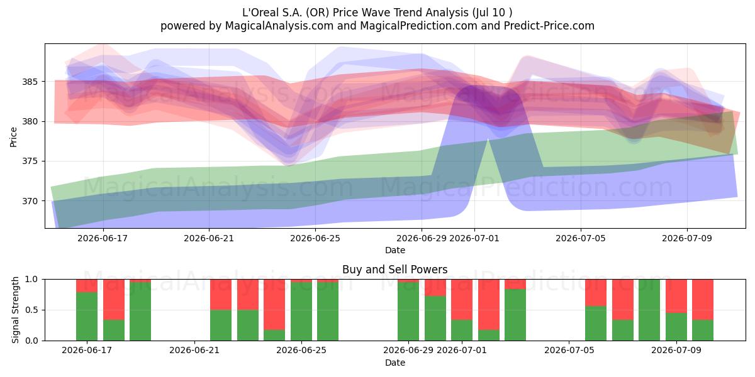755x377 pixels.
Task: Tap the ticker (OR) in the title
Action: pos(318,13)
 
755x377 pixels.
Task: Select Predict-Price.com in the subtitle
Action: pos(549,26)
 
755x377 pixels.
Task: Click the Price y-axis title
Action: pos(13,137)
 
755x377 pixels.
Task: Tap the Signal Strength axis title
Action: pos(15,310)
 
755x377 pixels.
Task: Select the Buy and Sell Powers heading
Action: pos(394,270)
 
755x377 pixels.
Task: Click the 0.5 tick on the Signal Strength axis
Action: pos(32,310)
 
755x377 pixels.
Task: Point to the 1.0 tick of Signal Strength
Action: pos(32,280)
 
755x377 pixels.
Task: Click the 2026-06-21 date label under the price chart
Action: pos(209,239)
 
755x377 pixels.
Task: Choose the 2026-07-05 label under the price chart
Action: pos(580,239)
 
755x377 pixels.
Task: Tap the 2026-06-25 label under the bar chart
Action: pos(301,351)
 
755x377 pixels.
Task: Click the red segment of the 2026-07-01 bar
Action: pos(462,300)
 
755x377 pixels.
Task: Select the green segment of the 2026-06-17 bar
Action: pos(87,317)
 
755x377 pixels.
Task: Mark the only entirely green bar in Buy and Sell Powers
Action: pos(649,310)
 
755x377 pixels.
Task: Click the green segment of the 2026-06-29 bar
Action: pos(408,312)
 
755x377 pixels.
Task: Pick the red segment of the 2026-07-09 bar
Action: pos(676,296)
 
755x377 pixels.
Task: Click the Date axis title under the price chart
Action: pos(394,251)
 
